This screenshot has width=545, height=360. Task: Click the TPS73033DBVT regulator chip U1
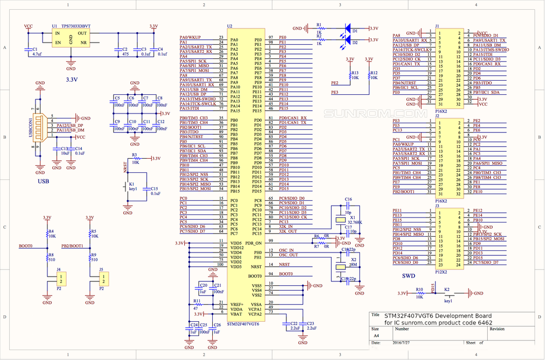(x=71, y=37)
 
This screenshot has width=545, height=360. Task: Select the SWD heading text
(x=409, y=277)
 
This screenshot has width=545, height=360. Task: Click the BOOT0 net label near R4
(x=26, y=246)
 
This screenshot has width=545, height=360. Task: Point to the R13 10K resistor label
(x=355, y=75)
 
